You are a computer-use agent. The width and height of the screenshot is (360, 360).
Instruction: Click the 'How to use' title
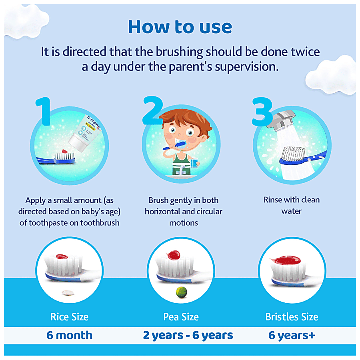click(180, 27)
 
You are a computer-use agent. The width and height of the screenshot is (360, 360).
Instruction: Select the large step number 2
click(152, 110)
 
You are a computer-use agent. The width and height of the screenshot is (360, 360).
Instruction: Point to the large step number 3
click(262, 112)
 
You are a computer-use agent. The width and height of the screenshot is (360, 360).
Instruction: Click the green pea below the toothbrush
click(181, 292)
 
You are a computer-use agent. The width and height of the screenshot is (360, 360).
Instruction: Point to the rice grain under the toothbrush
click(68, 292)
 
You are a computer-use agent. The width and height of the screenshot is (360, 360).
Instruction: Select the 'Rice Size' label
click(69, 317)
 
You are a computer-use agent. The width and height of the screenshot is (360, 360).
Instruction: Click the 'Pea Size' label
click(181, 317)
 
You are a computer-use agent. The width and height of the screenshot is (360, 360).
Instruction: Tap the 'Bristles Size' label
click(292, 317)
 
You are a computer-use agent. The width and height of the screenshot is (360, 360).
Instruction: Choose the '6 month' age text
click(69, 335)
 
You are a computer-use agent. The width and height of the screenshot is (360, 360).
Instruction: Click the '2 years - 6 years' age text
click(188, 336)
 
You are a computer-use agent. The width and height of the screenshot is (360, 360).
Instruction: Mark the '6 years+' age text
click(292, 336)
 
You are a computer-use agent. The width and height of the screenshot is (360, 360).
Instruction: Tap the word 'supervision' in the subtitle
click(246, 67)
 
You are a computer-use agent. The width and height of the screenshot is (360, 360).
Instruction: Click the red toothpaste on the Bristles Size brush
click(286, 260)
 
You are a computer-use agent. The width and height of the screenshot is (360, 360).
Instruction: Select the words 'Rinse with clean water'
click(292, 205)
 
